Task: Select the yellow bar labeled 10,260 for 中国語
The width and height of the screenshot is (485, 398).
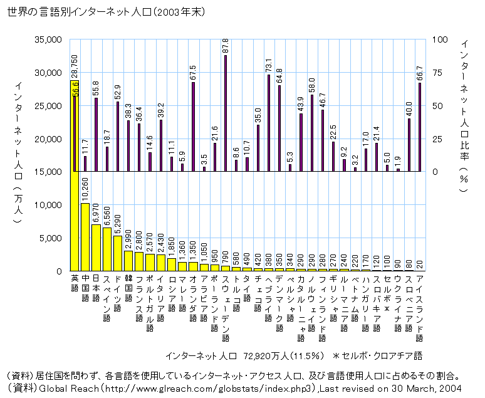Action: [85, 237]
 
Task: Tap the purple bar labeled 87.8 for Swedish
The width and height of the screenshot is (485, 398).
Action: [226, 113]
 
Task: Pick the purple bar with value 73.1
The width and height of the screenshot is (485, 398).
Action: [269, 123]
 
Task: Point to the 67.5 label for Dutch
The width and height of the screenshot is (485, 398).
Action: [193, 71]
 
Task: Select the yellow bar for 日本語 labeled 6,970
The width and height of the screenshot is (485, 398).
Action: [96, 248]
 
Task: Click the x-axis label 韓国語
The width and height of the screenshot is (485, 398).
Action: [128, 285]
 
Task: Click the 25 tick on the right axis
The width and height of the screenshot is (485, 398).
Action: [437, 139]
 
